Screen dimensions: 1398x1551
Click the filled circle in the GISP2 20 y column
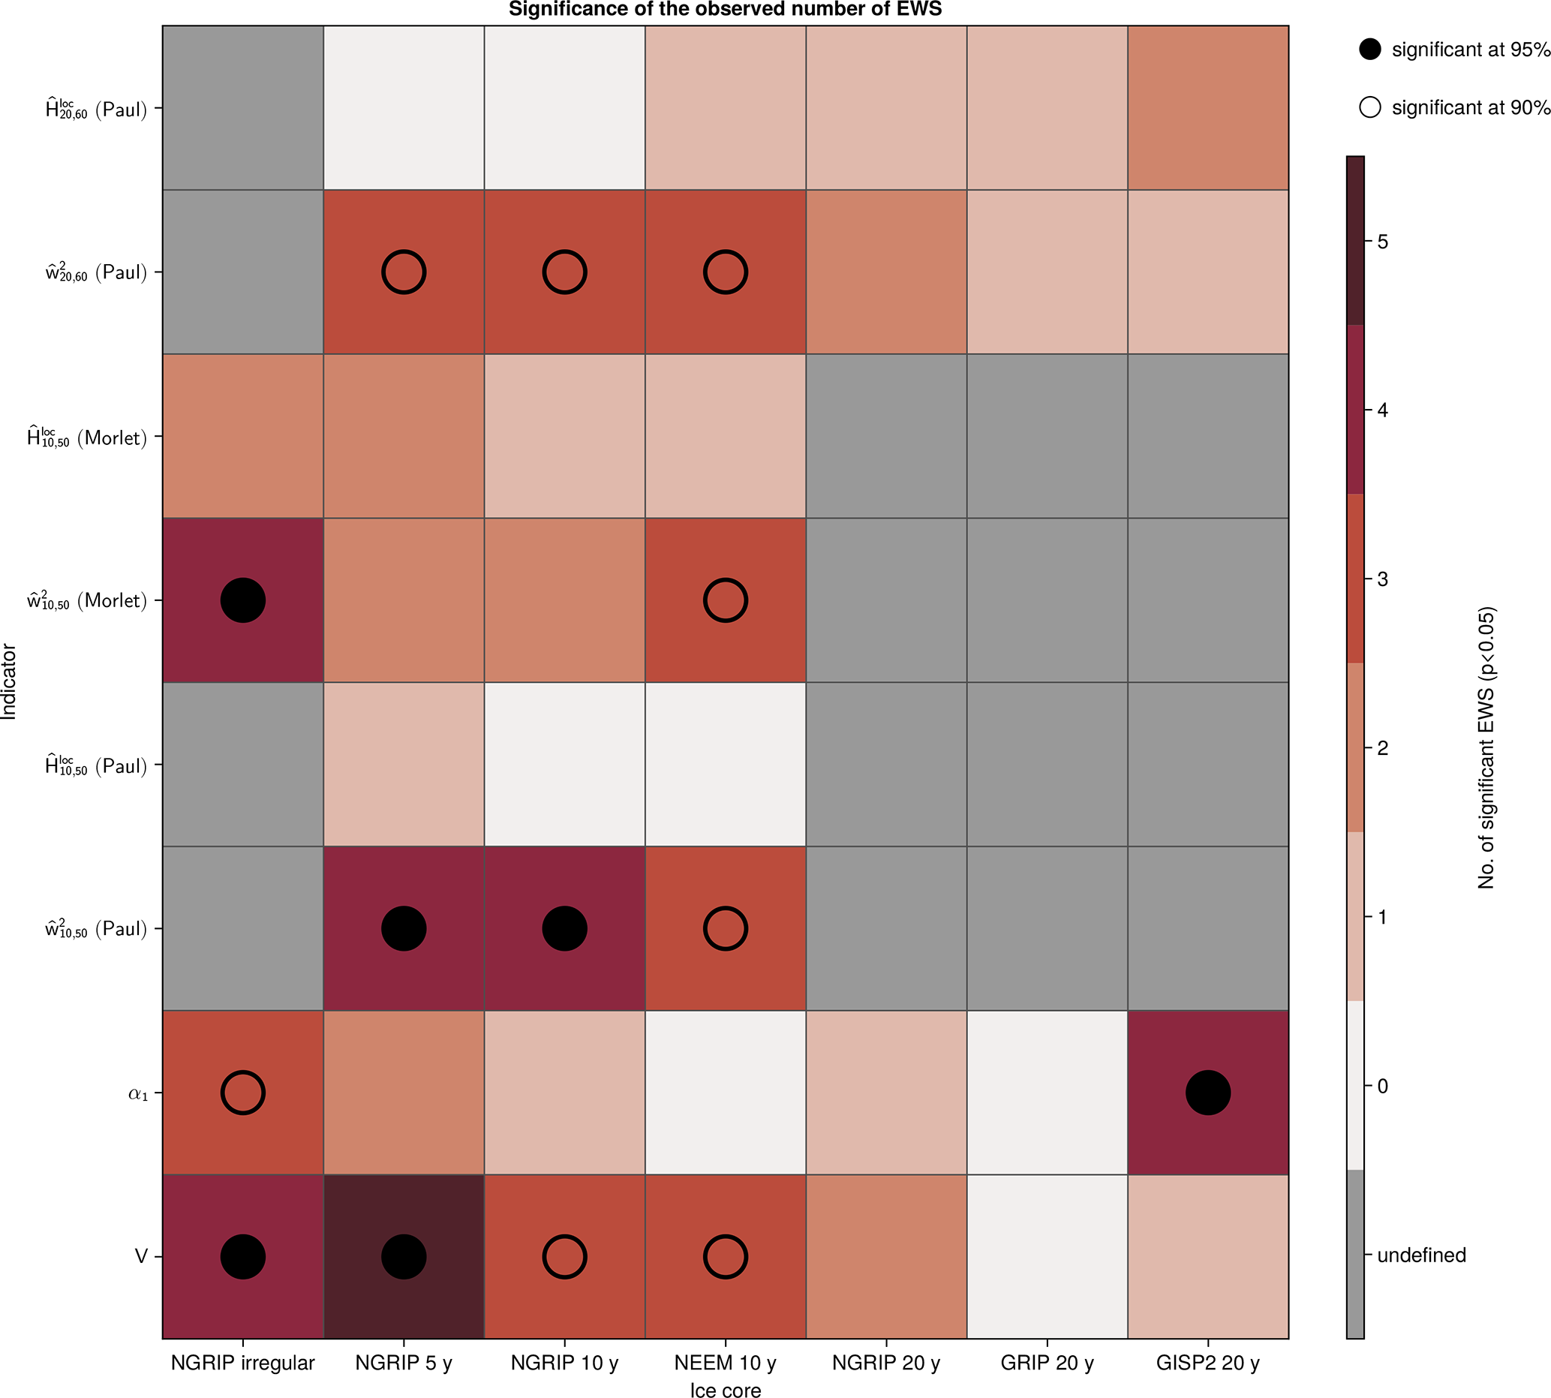coord(1207,1093)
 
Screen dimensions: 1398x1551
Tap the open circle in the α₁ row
coord(243,1093)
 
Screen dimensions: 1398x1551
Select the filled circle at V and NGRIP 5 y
coord(403,1257)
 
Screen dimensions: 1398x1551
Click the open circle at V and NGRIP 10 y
coord(564,1257)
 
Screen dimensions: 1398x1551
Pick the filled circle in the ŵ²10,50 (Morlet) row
coord(243,600)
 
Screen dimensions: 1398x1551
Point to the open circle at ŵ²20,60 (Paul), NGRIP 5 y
coord(403,272)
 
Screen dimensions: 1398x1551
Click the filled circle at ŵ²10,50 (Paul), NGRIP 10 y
coord(564,928)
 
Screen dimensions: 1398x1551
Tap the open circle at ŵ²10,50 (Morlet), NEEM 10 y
coord(725,600)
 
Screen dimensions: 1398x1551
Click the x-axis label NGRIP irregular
coord(243,1363)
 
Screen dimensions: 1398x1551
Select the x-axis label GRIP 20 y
coord(1047,1363)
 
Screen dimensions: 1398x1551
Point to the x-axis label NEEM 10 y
coord(725,1363)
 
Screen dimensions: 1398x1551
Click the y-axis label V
coord(141,1257)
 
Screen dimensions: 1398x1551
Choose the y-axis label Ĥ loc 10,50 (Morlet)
coord(87,437)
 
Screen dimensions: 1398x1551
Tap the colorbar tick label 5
coord(1383,242)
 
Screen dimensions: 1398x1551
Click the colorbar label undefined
coord(1421,1255)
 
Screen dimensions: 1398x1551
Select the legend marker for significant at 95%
coord(1370,50)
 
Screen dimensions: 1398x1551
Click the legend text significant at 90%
coord(1471,107)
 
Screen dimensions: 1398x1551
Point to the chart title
coord(725,9)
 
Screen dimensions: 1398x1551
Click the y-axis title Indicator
coord(9,681)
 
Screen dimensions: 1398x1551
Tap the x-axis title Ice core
coord(725,1390)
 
